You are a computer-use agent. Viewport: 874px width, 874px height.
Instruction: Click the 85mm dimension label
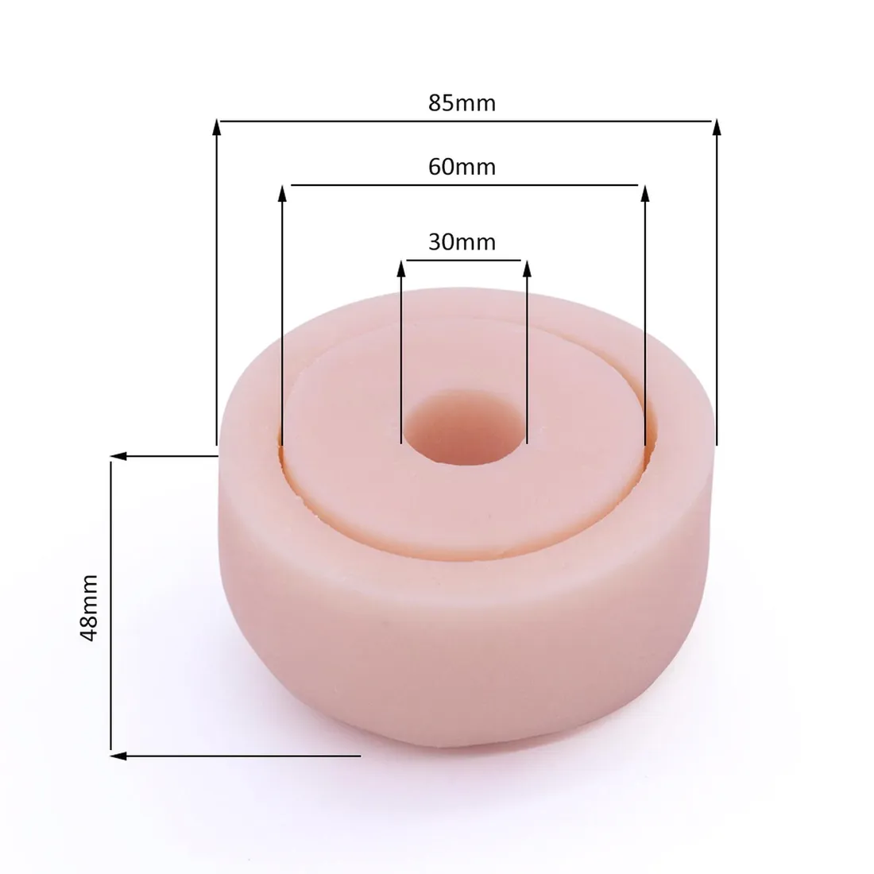(x=462, y=103)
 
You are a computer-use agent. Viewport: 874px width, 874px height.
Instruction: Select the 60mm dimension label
(x=462, y=167)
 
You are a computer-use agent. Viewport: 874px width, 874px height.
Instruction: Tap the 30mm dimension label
(x=462, y=242)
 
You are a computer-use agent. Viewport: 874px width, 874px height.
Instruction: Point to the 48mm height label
(x=89, y=608)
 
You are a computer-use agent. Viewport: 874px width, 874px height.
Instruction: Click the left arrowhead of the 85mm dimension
(x=217, y=126)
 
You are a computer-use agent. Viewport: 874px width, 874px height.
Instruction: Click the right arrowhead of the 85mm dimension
(x=717, y=126)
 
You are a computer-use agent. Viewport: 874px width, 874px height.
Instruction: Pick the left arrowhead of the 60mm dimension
(x=282, y=193)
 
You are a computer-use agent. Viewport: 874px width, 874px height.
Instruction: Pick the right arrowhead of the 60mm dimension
(x=645, y=193)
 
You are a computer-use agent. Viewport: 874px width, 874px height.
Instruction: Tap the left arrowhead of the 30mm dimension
(x=400, y=268)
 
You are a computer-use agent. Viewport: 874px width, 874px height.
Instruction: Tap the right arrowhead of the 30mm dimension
(x=528, y=268)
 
